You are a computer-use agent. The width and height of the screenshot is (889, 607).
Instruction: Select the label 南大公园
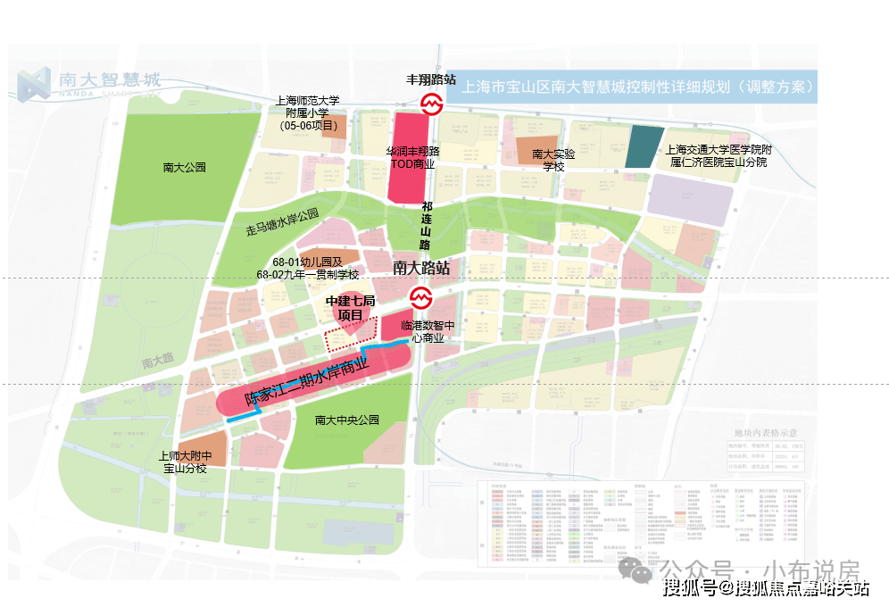tap(185, 167)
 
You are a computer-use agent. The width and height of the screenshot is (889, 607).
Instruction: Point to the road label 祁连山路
tap(426, 225)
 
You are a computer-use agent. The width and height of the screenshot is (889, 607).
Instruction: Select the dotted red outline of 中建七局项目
tap(346, 339)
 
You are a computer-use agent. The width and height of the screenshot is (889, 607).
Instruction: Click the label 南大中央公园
tap(347, 420)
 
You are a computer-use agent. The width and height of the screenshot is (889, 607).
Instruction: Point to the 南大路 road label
tap(159, 362)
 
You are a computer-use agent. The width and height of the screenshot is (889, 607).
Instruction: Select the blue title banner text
tap(637, 88)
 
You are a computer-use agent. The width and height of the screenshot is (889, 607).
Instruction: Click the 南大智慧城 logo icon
tap(35, 82)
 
